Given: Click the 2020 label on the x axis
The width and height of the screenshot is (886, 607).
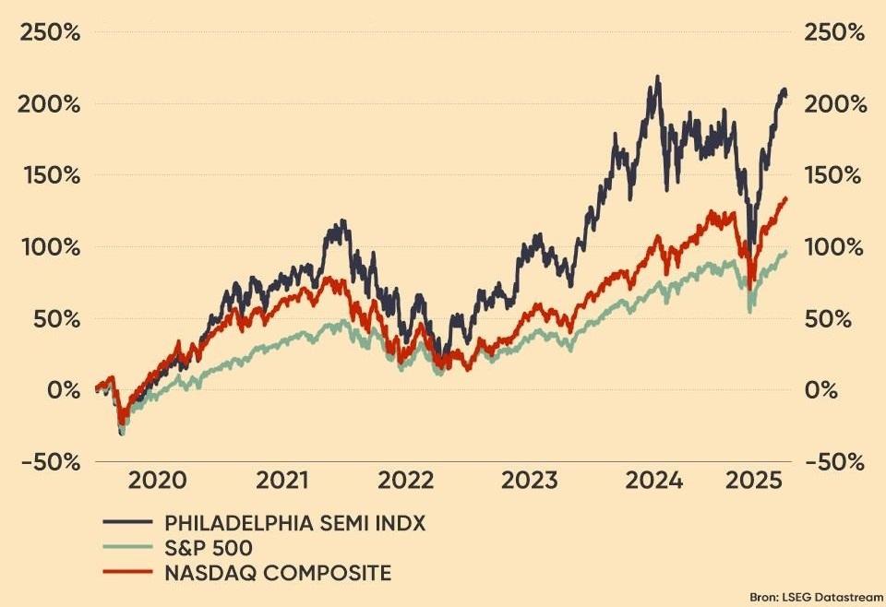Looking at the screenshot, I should click(157, 481).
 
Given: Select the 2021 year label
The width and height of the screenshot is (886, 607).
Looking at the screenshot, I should click(282, 481).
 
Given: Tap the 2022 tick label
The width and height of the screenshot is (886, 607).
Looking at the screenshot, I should click(406, 481).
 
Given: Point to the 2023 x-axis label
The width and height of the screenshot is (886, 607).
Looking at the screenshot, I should click(531, 481).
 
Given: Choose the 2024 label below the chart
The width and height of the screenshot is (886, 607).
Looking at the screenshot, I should click(653, 481).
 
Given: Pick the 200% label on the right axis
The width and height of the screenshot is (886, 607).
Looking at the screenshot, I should click(836, 104).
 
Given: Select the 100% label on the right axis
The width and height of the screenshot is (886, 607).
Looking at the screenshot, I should click(836, 247).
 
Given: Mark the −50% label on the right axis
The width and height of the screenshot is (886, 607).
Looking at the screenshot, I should click(836, 461).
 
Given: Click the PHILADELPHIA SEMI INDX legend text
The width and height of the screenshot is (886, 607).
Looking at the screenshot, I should click(295, 523).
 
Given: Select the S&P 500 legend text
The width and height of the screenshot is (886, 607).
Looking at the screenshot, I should click(208, 548).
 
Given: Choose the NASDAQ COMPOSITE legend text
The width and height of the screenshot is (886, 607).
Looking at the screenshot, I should click(278, 573).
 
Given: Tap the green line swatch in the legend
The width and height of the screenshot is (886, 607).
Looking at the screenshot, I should click(128, 548).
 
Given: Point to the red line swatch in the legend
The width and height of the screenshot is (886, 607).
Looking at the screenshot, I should click(128, 573).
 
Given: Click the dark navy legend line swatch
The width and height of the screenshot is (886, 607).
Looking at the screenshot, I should click(128, 523).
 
